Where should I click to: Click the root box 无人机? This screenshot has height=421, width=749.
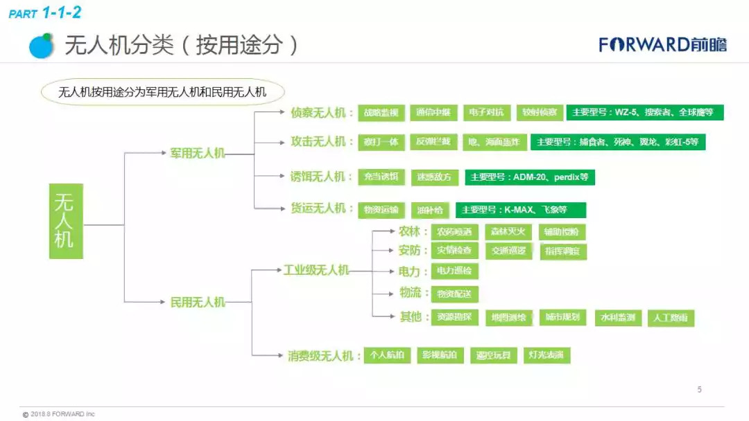point(66,221)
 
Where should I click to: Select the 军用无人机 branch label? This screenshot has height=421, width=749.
point(198,153)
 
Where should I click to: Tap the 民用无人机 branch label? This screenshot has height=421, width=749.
point(198,302)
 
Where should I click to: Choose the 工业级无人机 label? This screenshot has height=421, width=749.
point(316,270)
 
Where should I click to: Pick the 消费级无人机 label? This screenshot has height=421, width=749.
point(324,356)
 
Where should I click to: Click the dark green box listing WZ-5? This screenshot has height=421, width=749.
point(644,112)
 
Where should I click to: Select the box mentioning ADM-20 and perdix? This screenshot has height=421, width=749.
point(530,177)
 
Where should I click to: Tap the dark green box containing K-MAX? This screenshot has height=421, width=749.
point(520,210)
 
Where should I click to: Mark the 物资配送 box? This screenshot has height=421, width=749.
point(454,294)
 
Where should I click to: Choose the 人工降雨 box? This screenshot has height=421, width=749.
point(671,318)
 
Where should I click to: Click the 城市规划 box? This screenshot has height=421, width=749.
point(562,318)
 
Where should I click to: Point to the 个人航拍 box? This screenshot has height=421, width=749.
point(387,356)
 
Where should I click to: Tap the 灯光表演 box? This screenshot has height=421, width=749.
point(546,356)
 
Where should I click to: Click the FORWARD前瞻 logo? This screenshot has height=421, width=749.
point(663,45)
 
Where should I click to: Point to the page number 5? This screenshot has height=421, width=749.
point(699,390)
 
